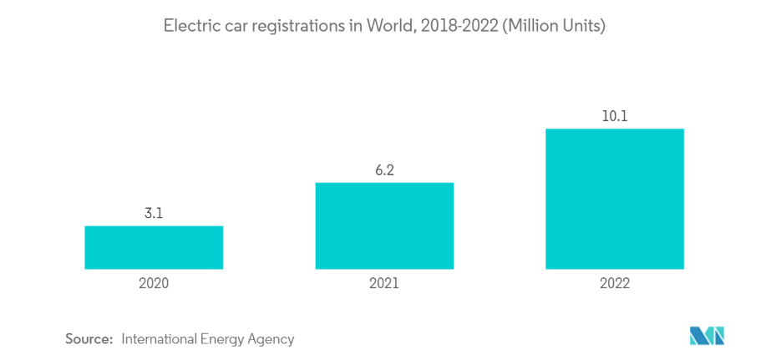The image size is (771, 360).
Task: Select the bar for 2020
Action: click(x=154, y=247)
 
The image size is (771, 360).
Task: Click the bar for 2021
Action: click(x=384, y=226)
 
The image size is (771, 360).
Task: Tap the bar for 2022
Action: click(x=614, y=199)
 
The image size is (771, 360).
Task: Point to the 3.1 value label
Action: click(x=154, y=214)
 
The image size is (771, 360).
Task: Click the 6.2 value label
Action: click(x=384, y=170)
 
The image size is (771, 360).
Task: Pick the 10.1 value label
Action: click(x=614, y=116)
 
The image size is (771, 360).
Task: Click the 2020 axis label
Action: click(x=154, y=283)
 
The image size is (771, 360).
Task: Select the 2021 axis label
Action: click(x=384, y=283)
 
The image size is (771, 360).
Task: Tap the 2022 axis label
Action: click(x=614, y=283)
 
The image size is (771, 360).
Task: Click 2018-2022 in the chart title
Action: click(x=452, y=26)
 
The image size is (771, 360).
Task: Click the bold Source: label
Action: click(x=89, y=339)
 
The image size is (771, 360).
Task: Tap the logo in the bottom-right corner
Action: click(x=707, y=337)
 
